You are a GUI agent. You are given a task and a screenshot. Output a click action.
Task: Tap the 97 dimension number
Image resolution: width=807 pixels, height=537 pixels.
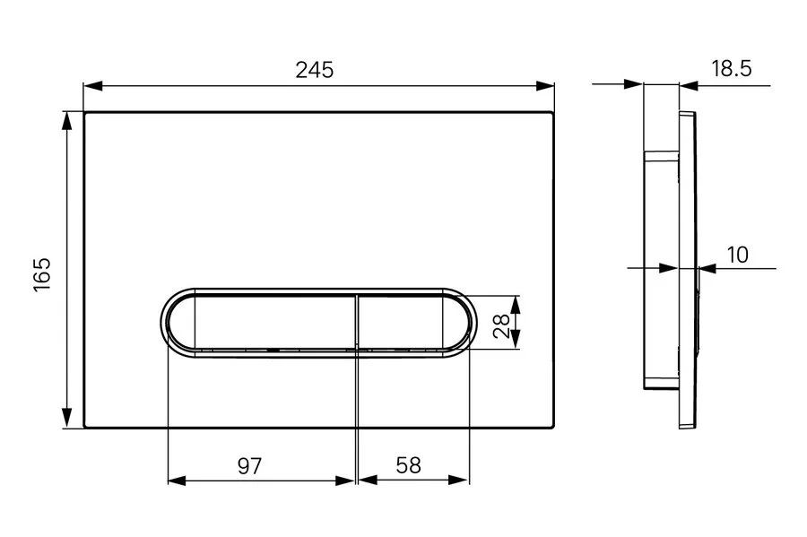[250, 465]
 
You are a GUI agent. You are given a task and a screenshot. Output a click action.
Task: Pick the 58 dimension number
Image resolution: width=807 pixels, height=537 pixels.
[408, 465]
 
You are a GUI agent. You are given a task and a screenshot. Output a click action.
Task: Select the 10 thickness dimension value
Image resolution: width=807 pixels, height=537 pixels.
[737, 254]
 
